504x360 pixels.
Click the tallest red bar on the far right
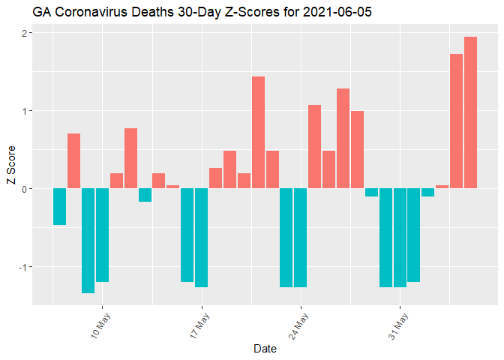click(470, 112)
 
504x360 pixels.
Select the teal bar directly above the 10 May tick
click(102, 235)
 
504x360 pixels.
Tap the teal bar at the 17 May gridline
click(201, 237)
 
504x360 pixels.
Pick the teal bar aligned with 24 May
click(300, 237)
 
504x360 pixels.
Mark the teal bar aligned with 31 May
click(399, 237)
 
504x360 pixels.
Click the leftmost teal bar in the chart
click(59, 206)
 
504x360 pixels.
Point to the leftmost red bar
click(73, 160)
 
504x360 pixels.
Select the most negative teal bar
click(88, 240)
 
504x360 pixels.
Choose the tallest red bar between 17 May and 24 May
click(258, 132)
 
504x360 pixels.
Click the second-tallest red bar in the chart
click(456, 121)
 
